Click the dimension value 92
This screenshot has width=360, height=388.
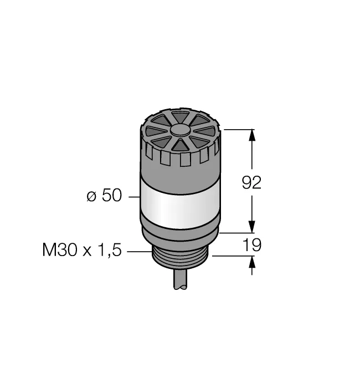point(251,182)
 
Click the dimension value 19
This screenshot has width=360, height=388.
point(252,245)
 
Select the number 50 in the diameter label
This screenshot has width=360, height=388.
point(112,195)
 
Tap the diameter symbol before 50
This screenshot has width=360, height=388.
point(91,196)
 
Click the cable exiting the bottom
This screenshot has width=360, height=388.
point(180,279)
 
